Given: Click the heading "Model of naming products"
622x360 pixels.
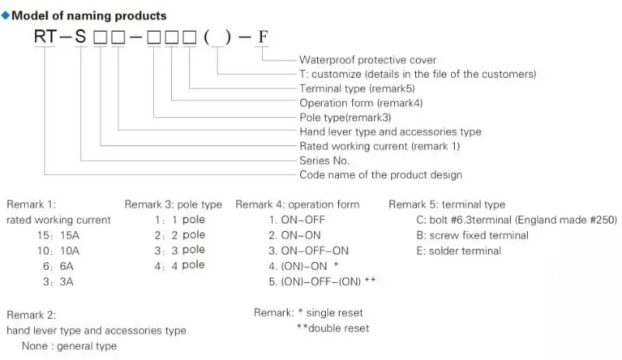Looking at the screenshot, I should coord(89,16).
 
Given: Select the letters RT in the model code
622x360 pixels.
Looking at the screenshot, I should coord(47,38).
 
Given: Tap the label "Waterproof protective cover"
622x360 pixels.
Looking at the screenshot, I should coord(368,60).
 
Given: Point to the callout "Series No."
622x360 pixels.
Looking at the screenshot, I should coord(324,160).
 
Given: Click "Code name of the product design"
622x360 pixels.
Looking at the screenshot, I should coord(380,175).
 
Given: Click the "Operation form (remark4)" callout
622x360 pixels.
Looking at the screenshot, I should coord(361,103).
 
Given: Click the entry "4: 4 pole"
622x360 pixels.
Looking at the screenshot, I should coord(180,265).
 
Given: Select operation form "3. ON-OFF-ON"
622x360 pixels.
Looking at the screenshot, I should coord(309,250).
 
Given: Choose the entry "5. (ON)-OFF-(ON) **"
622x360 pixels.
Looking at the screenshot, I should coord(323,281).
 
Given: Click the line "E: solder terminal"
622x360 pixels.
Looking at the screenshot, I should coord(459,250).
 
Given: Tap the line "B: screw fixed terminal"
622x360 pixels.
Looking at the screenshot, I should coord(470,236).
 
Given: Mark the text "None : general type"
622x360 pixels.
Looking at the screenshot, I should coord(69,346).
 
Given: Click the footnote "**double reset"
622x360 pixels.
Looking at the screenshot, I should coord(333,328).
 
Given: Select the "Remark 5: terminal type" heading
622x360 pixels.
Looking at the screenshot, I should coord(446,204).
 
